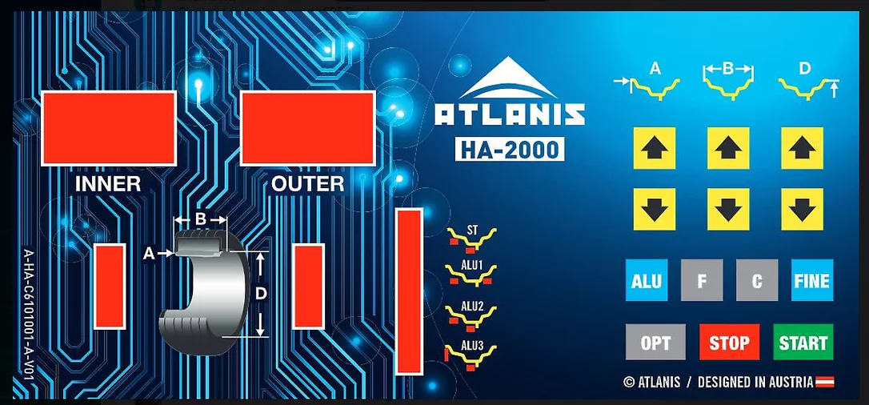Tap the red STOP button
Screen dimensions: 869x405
pos(729,342)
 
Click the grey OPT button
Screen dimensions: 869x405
pos(655,342)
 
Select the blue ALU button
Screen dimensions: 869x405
pos(647,280)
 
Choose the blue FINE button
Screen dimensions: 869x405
pos(812,280)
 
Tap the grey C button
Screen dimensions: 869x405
pos(757,280)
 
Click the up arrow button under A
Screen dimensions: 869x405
pos(654,148)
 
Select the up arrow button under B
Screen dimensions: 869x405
pos(728,148)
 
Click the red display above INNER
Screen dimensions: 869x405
pos(109,128)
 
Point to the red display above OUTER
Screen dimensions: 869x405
pos(307,128)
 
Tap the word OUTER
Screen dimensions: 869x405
pos(307,184)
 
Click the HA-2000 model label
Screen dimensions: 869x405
pos(510,149)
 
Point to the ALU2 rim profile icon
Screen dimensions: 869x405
pos(471,316)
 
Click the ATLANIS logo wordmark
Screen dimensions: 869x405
pos(510,114)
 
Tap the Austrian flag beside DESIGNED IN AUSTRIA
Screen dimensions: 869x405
pos(825,382)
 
